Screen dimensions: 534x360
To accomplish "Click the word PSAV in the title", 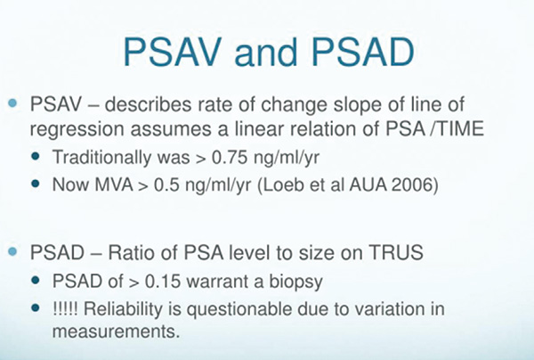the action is point(173,52).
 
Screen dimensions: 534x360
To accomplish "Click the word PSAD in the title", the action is point(363,52).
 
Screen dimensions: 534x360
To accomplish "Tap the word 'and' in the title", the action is point(266,52).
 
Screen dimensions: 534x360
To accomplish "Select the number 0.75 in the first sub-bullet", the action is point(230,157).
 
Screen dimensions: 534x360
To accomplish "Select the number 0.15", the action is point(163,282).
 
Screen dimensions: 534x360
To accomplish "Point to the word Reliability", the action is point(123,309).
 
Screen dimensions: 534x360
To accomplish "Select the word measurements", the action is point(116,331).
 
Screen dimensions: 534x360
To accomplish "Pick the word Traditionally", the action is point(101,158).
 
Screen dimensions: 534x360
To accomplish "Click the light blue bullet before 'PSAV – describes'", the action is point(12,103).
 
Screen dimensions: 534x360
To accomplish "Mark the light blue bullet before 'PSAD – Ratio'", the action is point(12,252).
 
